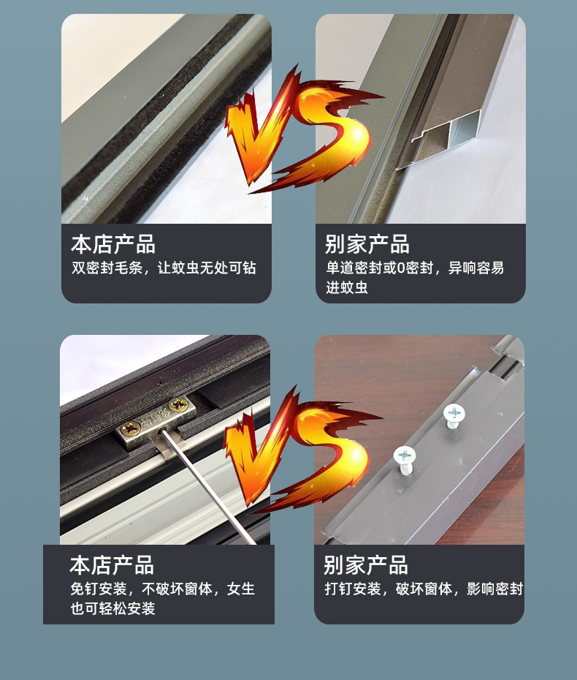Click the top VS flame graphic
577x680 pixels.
[296, 132]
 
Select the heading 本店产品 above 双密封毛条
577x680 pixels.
[113, 244]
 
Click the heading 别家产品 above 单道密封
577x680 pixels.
[367, 244]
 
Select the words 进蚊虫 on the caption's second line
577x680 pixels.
[347, 287]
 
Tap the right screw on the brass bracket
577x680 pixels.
[177, 404]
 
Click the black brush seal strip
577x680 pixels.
[153, 117]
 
